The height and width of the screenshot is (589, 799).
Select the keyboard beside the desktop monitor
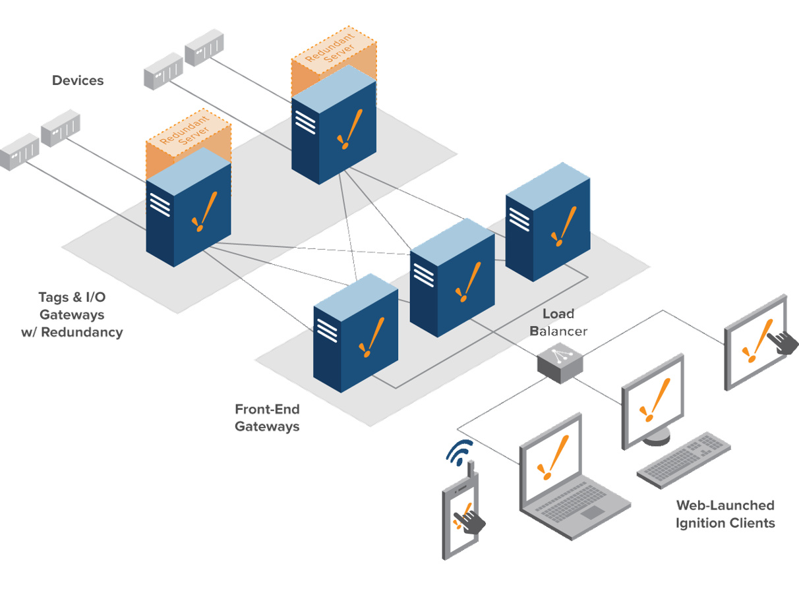pyautogui.click(x=684, y=459)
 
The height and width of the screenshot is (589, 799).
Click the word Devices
pyautogui.click(x=78, y=80)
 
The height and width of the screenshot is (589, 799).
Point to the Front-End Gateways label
pyautogui.click(x=267, y=418)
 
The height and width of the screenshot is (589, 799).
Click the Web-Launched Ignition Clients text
pyautogui.click(x=725, y=514)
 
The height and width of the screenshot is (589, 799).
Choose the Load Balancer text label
pyautogui.click(x=559, y=322)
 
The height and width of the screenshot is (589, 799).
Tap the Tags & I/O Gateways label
pyautogui.click(x=72, y=315)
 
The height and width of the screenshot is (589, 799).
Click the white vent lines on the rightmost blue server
pyautogui.click(x=518, y=218)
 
